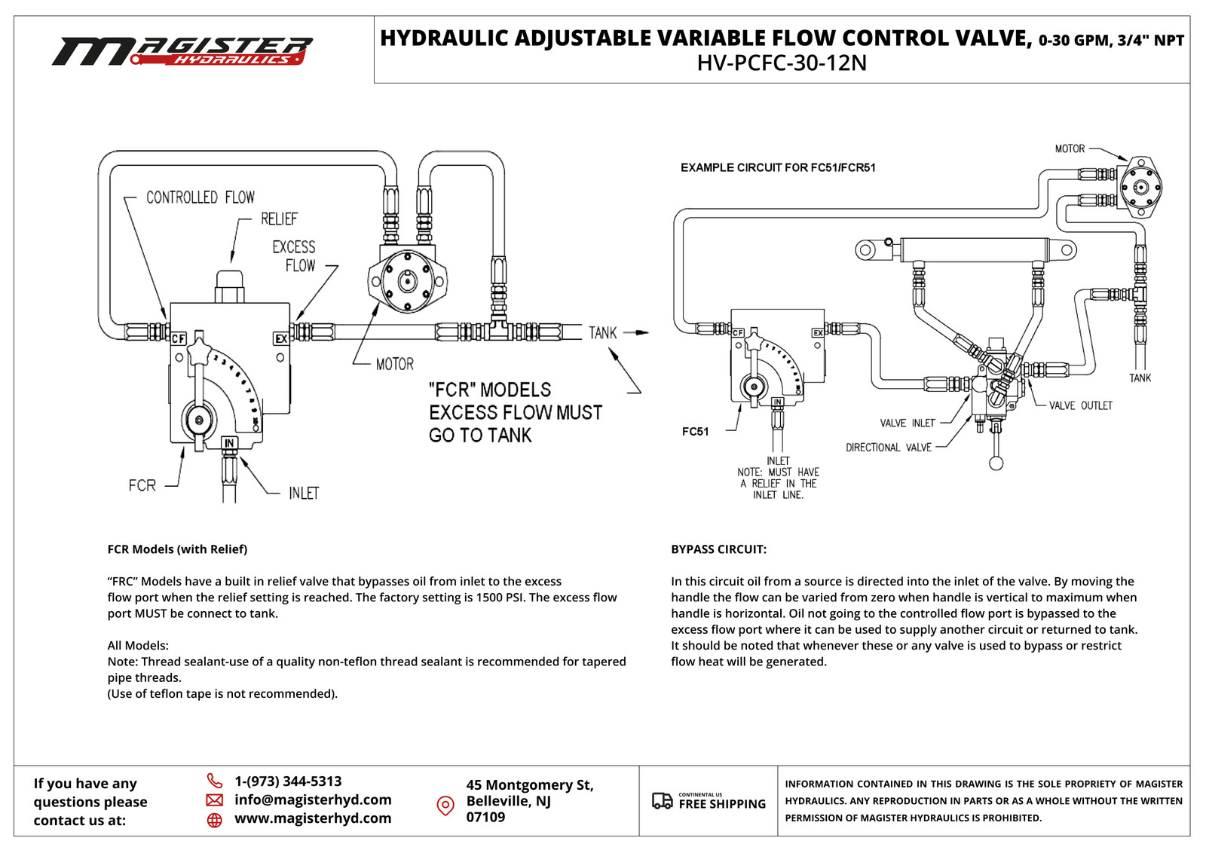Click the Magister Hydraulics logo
coord(182,51)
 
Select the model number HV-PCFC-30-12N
coord(782,63)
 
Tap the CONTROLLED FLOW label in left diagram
coord(200,197)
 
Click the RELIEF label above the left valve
coord(279,219)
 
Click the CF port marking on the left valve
coord(179,339)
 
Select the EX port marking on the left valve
coord(280,339)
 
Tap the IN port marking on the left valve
coord(229,443)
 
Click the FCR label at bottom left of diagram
coord(142,485)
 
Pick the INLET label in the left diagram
coord(304,494)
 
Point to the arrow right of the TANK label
coord(636,332)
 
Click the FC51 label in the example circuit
coord(695,432)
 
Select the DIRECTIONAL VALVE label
coord(888,448)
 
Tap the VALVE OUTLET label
coord(1080,405)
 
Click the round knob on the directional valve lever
coord(996,463)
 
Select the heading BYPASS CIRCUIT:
coord(718,549)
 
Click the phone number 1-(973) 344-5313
coord(288,781)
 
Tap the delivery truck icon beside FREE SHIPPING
coord(662,801)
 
